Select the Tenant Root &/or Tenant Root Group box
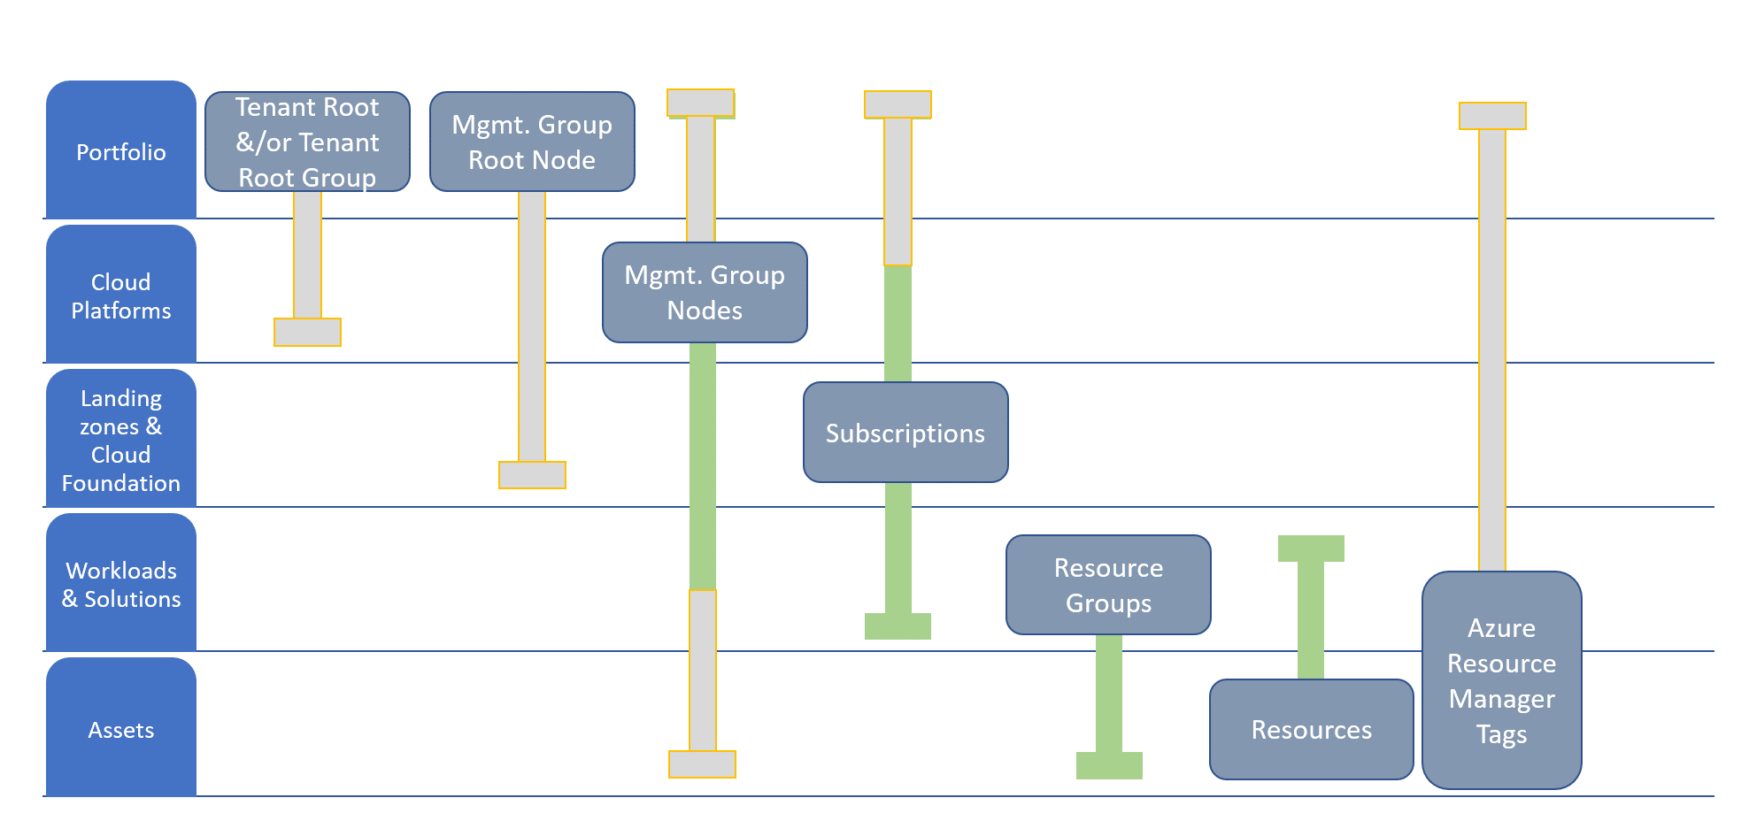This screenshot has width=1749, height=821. [x=307, y=142]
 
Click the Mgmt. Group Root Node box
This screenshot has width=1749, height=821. [x=532, y=142]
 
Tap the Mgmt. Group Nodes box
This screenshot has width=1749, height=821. [x=705, y=292]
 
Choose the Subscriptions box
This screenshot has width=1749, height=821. [x=905, y=432]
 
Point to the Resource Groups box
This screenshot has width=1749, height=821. [x=1108, y=585]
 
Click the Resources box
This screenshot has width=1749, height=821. [x=1312, y=729]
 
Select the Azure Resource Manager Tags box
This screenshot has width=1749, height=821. [x=1502, y=680]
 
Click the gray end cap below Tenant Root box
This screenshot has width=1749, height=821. [x=307, y=332]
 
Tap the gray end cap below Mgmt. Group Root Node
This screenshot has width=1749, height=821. [x=532, y=475]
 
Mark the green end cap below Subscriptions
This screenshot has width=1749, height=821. [x=898, y=626]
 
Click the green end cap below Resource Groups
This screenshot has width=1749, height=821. [x=1109, y=765]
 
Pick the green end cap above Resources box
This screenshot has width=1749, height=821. [x=1311, y=549]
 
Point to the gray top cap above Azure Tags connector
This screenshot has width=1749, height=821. [x=1492, y=116]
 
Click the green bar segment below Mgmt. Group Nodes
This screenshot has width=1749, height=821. [x=703, y=466]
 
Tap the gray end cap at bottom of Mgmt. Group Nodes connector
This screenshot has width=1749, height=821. [x=702, y=764]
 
